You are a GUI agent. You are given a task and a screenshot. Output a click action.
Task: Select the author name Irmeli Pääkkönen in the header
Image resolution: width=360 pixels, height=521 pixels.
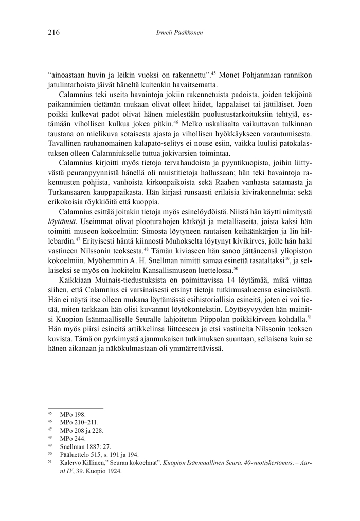(x=179, y=33)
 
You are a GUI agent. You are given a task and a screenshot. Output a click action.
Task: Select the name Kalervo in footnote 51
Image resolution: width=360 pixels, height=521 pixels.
(x=70, y=463)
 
